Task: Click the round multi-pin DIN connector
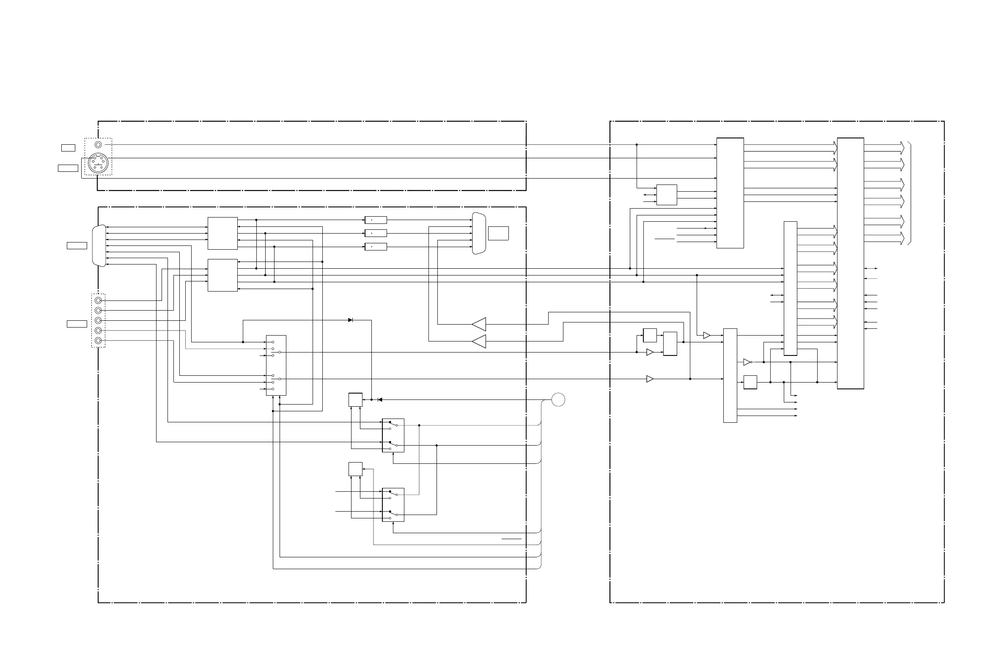pyautogui.click(x=98, y=163)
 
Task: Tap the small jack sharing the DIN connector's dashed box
pyautogui.click(x=98, y=145)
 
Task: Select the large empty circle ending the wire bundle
pyautogui.click(x=558, y=399)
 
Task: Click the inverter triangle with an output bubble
pyautogui.click(x=747, y=362)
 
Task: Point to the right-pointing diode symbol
pyautogui.click(x=350, y=320)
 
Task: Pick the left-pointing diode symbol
pyautogui.click(x=380, y=399)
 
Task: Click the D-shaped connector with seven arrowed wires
pyautogui.click(x=99, y=246)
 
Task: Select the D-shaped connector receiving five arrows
pyautogui.click(x=479, y=233)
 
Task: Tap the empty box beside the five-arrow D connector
pyautogui.click(x=498, y=233)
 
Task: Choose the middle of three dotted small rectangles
pyautogui.click(x=376, y=233)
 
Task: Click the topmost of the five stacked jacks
pyautogui.click(x=98, y=300)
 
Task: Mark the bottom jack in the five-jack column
pyautogui.click(x=98, y=341)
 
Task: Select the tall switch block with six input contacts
pyautogui.click(x=276, y=365)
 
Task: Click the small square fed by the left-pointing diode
pyautogui.click(x=355, y=400)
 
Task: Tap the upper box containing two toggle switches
pyautogui.click(x=393, y=435)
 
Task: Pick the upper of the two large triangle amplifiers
pyautogui.click(x=479, y=325)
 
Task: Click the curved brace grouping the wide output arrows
pyautogui.click(x=909, y=194)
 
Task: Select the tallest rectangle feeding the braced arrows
pyautogui.click(x=850, y=263)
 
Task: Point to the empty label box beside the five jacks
pyautogui.click(x=77, y=324)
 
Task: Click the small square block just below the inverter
pyautogui.click(x=750, y=382)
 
